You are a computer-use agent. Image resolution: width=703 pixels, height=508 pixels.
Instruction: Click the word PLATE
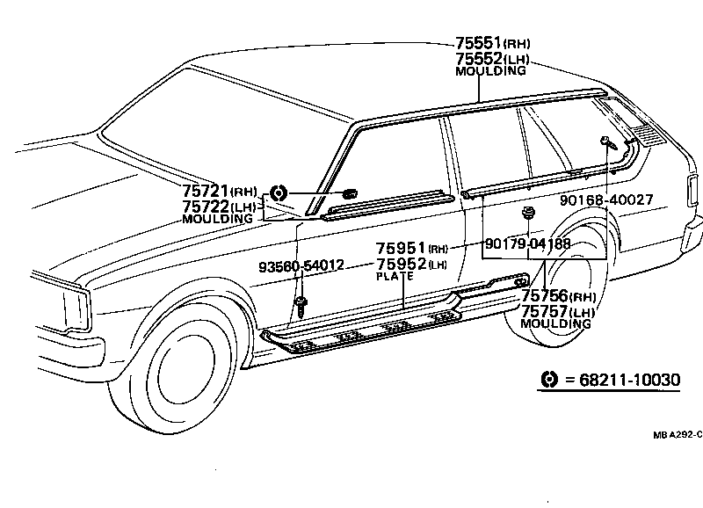coord(395,276)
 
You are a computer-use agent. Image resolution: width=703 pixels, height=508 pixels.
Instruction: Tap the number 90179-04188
coord(527,243)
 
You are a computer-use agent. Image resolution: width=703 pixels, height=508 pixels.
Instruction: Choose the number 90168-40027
coord(606,200)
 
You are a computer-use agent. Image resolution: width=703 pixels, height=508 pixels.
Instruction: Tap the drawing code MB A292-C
coord(677,433)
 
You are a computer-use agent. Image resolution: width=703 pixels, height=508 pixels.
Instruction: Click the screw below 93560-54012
coord(301,305)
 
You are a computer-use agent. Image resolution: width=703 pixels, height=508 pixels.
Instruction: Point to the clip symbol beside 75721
coord(278,192)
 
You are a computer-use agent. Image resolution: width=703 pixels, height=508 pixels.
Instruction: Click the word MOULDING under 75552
coord(490,71)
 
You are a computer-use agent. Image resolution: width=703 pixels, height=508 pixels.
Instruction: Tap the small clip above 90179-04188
coord(528,213)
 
